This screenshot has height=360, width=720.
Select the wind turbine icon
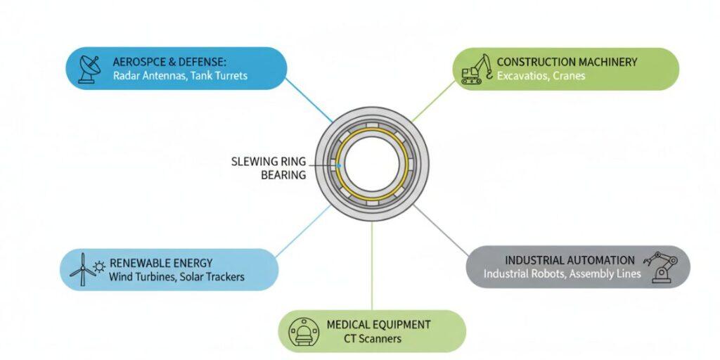coord(82,269)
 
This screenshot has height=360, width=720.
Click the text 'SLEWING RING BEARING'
coord(269,168)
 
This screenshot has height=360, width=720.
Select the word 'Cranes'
coord(569,75)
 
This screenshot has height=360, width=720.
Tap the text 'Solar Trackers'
coord(212,276)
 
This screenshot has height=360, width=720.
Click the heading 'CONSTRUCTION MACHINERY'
coord(567,62)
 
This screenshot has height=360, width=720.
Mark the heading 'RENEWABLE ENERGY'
coord(161,263)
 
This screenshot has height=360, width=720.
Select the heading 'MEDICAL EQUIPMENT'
coord(378,324)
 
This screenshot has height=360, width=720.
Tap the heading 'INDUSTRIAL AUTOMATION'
coord(570,260)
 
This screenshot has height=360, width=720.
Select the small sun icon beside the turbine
coord(99,266)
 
